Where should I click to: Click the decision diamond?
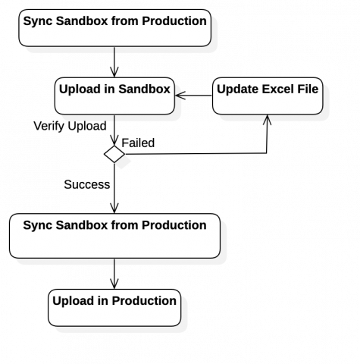click(x=114, y=154)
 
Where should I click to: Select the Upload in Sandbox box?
click(x=114, y=96)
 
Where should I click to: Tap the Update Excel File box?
click(x=268, y=96)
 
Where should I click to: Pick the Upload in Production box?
click(x=114, y=308)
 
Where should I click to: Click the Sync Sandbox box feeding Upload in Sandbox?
click(x=115, y=28)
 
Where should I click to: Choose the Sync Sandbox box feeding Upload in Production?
click(x=114, y=236)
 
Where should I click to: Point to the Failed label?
click(x=138, y=143)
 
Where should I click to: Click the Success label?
click(x=87, y=184)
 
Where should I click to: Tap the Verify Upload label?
click(x=70, y=126)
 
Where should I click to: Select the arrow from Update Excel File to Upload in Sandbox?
click(x=193, y=96)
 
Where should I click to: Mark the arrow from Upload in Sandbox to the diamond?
click(x=114, y=130)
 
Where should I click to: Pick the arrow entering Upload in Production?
click(x=114, y=274)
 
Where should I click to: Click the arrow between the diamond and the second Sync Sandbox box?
click(x=114, y=188)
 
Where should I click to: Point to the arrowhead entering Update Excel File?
click(x=268, y=120)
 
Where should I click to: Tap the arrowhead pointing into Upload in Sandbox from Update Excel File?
click(x=180, y=96)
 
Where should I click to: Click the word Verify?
click(x=49, y=126)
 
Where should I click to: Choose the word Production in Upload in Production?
click(x=144, y=301)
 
